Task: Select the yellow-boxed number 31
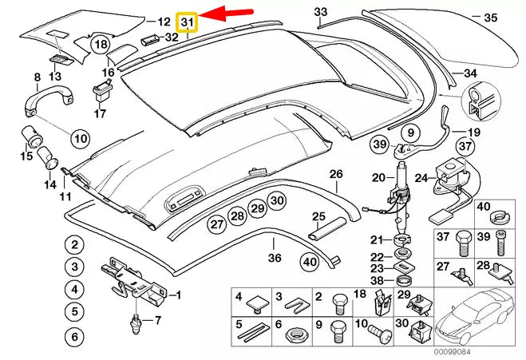pyautogui.click(x=188, y=22)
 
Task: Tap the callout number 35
pyautogui.click(x=491, y=17)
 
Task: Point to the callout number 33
pyautogui.click(x=320, y=12)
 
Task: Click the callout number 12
pyautogui.click(x=164, y=22)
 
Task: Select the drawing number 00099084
pyautogui.click(x=453, y=352)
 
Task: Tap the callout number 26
pyautogui.click(x=335, y=174)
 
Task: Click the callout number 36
pyautogui.click(x=275, y=258)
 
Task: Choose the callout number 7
pyautogui.click(x=157, y=321)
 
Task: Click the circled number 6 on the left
pyautogui.click(x=74, y=337)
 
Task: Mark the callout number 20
pyautogui.click(x=378, y=177)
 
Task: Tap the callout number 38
pyautogui.click(x=377, y=281)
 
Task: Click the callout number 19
pyautogui.click(x=473, y=133)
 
